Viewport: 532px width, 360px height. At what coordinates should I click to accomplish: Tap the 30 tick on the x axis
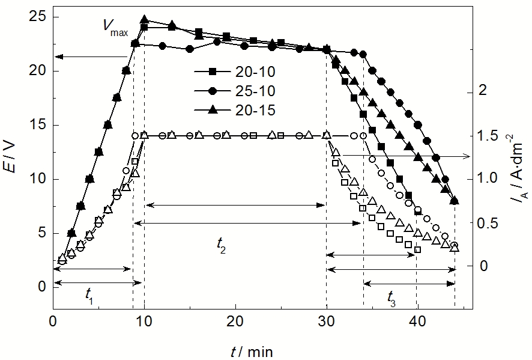[326, 322]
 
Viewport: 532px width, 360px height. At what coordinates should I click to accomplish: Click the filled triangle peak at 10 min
[144, 20]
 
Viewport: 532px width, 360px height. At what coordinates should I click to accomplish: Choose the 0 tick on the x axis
[53, 322]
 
